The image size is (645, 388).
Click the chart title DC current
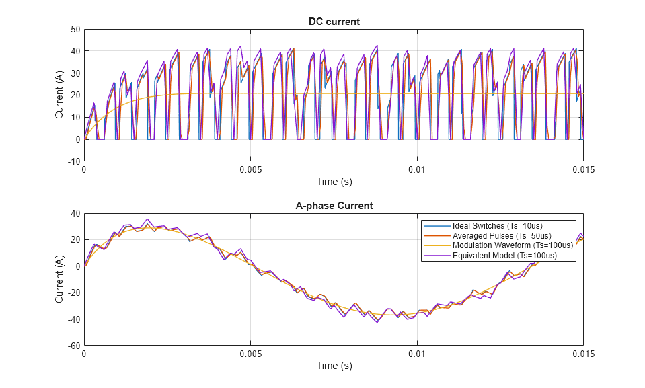334,22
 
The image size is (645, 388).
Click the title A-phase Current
334,206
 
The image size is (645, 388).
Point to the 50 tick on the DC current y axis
75,29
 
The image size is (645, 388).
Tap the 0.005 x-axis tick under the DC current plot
250,170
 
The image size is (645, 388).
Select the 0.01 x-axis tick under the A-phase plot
417,354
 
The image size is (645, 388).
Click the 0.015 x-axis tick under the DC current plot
582,170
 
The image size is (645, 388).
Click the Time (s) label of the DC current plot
334,182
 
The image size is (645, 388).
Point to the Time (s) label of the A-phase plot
334,366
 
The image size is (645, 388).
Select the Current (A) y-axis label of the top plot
59,95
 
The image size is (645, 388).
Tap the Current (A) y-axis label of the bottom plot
59,279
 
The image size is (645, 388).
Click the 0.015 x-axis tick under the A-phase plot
582,354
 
